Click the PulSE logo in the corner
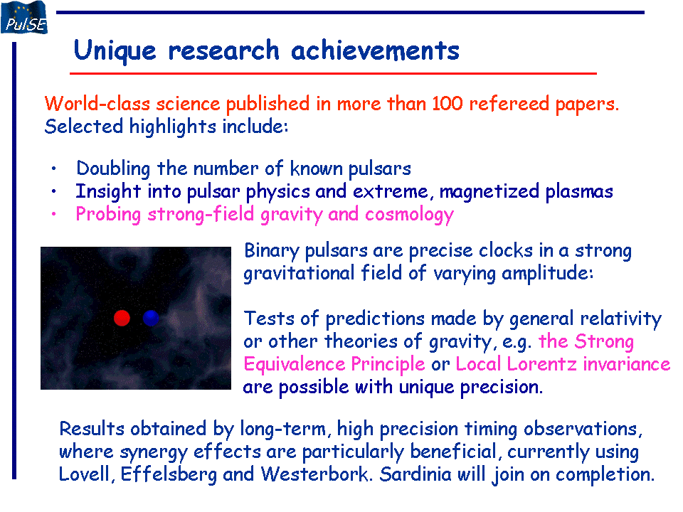[x=24, y=17]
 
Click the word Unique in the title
[x=115, y=51]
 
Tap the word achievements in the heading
[x=375, y=50]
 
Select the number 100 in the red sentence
[x=448, y=104]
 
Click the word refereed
[x=509, y=104]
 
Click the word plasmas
[x=579, y=191]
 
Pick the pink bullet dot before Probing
[x=53, y=214]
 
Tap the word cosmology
[x=410, y=215]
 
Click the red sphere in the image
[x=122, y=318]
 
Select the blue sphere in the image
[x=151, y=318]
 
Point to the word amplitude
[x=547, y=274]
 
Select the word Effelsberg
[x=169, y=474]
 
